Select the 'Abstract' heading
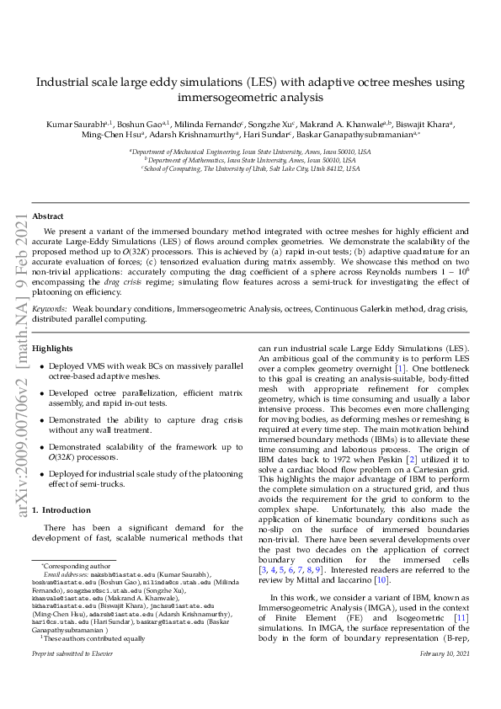pos(47,216)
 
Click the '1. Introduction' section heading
pos(61,510)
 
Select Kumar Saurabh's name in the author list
pos(74,123)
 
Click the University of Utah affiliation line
pos(250,168)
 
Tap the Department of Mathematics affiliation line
pos(250,160)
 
